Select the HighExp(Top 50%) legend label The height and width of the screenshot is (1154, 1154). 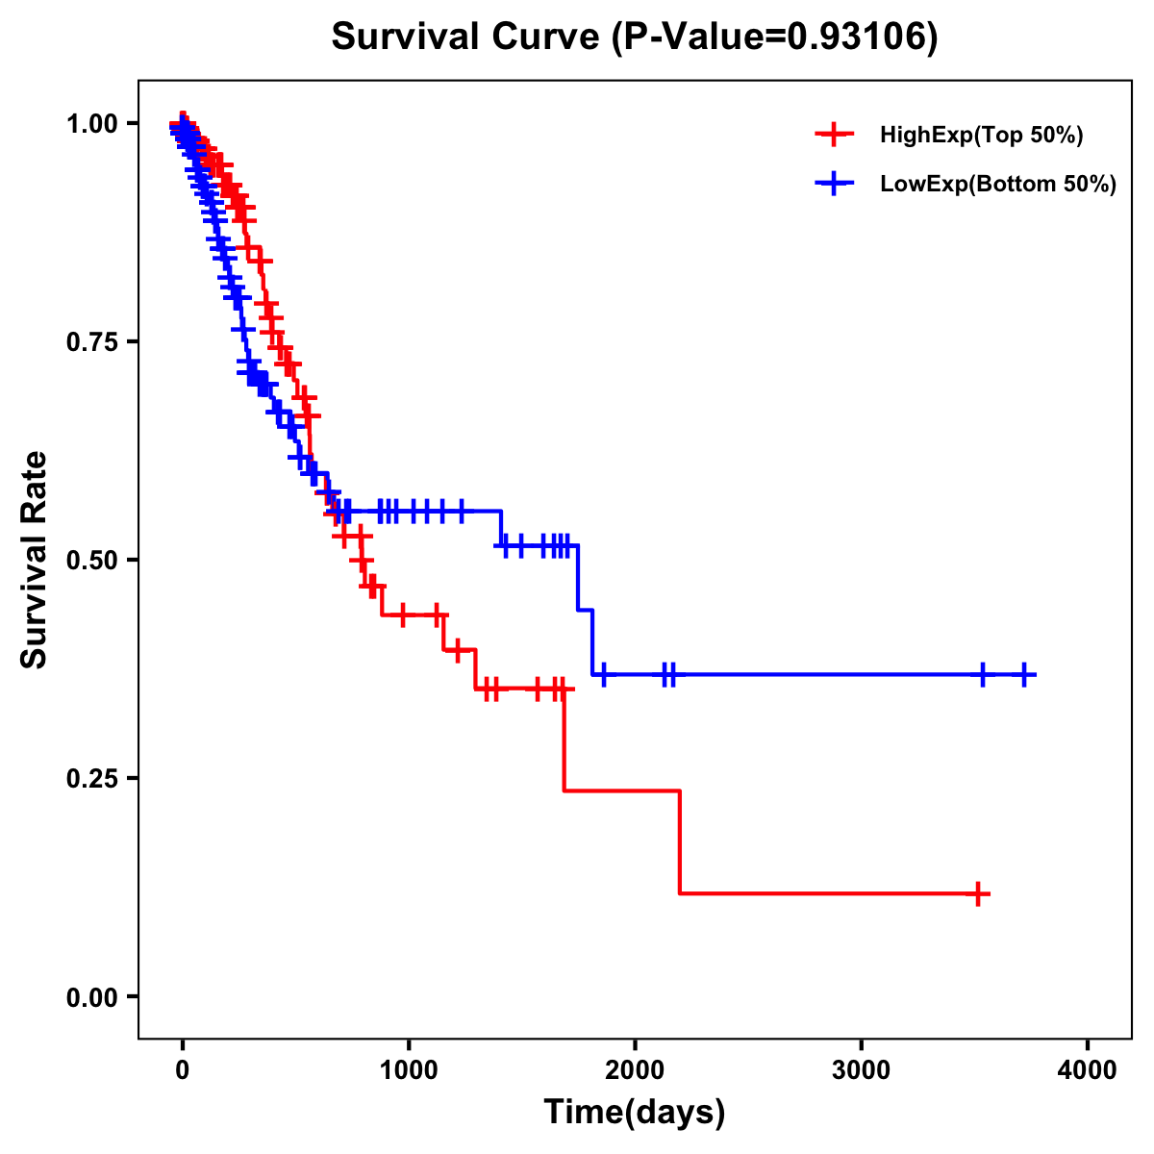(x=981, y=135)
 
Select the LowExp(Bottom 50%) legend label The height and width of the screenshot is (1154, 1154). (x=998, y=185)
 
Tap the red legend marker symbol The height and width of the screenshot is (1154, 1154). (x=834, y=135)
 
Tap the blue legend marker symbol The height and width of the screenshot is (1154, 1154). (x=834, y=185)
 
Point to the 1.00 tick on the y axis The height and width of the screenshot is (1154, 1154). (x=96, y=123)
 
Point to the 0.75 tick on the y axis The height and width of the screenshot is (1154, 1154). (x=96, y=341)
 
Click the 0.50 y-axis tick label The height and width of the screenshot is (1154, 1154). (x=96, y=560)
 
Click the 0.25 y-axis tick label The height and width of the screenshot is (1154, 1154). (x=96, y=778)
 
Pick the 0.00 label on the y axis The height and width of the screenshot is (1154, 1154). (x=96, y=996)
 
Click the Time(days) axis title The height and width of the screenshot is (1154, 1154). (x=635, y=1113)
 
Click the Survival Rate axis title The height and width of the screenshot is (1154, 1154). (x=36, y=560)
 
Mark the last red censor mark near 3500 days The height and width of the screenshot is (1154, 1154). (x=977, y=893)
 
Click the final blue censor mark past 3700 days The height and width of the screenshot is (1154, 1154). (x=1025, y=675)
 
